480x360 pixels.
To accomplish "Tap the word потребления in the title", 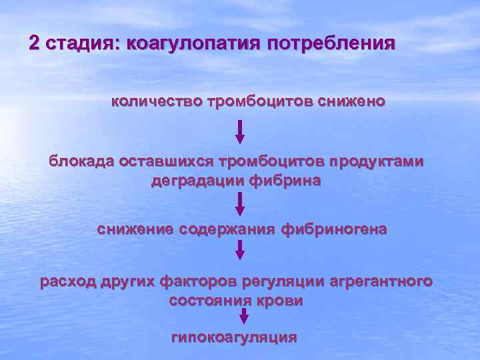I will pos(331,45).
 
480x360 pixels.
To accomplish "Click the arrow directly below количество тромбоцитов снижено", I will pos(240,131).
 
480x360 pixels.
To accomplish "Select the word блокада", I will pos(81,161).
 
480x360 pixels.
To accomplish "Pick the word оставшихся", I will pos(163,161).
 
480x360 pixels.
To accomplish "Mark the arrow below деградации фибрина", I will pos(240,204).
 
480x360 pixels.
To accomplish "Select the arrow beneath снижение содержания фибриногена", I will pos(240,249).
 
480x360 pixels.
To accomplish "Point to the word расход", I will pos(68,281).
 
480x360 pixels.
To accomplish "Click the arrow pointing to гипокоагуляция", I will pos(244,316).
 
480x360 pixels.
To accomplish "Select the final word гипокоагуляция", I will pos(234,337).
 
